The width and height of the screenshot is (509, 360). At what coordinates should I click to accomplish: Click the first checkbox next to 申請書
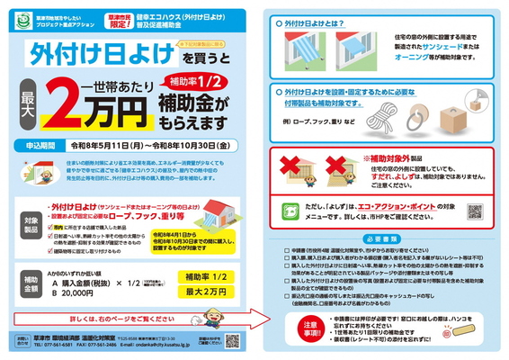287,252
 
